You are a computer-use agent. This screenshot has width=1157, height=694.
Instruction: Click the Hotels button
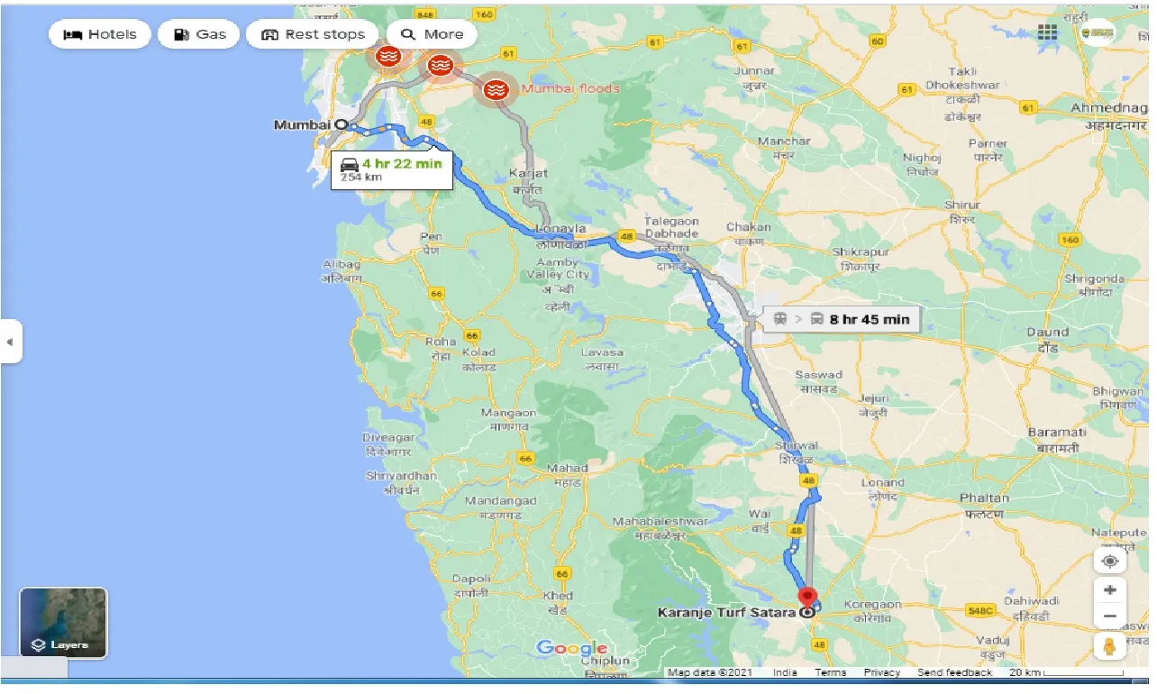point(100,34)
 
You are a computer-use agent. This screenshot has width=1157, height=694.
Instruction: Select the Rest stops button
point(313,34)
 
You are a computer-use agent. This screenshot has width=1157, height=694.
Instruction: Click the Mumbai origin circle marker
point(341,124)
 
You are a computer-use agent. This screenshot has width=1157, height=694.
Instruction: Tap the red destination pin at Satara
point(807,598)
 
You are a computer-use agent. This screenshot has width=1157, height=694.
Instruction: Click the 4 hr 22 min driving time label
point(401,163)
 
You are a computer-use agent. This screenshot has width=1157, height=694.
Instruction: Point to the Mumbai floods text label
point(570,88)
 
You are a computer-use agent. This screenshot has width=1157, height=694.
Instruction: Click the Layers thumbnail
point(63,622)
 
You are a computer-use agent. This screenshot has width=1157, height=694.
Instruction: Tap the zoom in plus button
point(1110,590)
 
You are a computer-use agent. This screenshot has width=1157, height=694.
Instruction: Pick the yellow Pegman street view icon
point(1110,646)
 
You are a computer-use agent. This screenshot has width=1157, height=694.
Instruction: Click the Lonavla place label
point(560,229)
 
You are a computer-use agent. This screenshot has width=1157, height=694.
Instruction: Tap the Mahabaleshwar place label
point(649,522)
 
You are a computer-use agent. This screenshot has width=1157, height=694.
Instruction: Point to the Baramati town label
point(1057,433)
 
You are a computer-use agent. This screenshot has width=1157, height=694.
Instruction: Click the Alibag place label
point(342,264)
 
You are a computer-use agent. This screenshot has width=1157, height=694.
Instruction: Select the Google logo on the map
point(571,649)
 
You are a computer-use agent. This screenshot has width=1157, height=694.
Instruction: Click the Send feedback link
point(954,672)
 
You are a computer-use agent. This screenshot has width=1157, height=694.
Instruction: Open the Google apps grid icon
point(1047,32)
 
